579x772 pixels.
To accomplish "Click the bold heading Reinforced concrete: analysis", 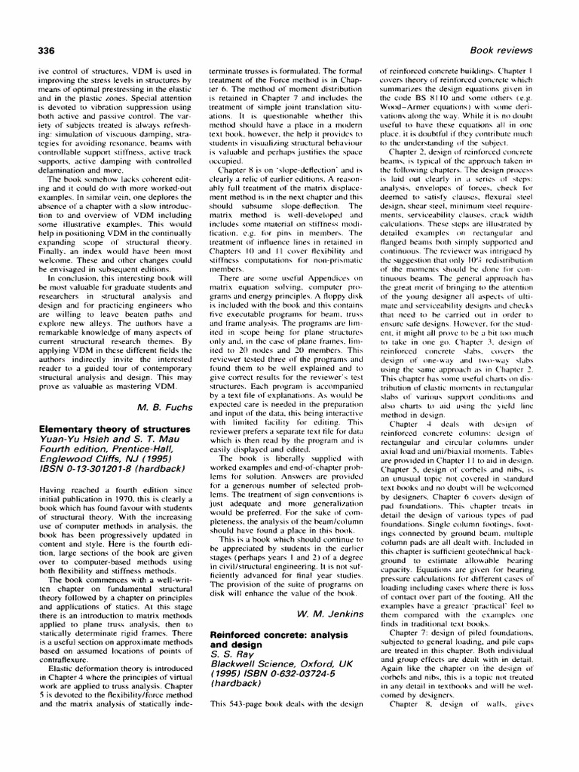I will click(x=283, y=636).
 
